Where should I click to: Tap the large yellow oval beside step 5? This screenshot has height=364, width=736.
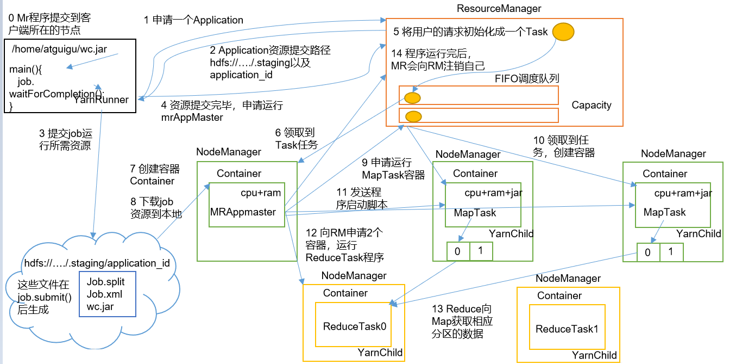tap(563, 32)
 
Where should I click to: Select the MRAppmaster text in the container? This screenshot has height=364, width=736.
tap(243, 212)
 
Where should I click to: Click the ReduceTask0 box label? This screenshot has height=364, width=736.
tap(354, 326)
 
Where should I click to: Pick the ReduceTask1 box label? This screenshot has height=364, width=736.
tap(567, 329)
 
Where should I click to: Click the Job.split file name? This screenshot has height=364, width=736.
tap(105, 282)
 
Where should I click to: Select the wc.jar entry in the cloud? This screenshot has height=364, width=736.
tap(100, 306)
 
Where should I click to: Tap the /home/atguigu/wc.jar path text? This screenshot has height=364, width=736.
tap(59, 49)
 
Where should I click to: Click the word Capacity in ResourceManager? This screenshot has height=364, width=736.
tap(591, 105)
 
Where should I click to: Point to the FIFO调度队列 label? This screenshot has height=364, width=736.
tap(527, 79)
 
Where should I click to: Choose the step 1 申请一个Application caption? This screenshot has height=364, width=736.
tap(193, 20)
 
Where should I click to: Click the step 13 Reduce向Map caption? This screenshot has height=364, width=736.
tap(462, 321)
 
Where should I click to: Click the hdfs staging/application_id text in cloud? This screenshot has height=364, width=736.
tap(97, 263)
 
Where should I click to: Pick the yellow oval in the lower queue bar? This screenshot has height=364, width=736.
tap(414, 116)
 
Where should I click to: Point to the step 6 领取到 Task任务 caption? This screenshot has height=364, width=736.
tap(295, 138)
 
